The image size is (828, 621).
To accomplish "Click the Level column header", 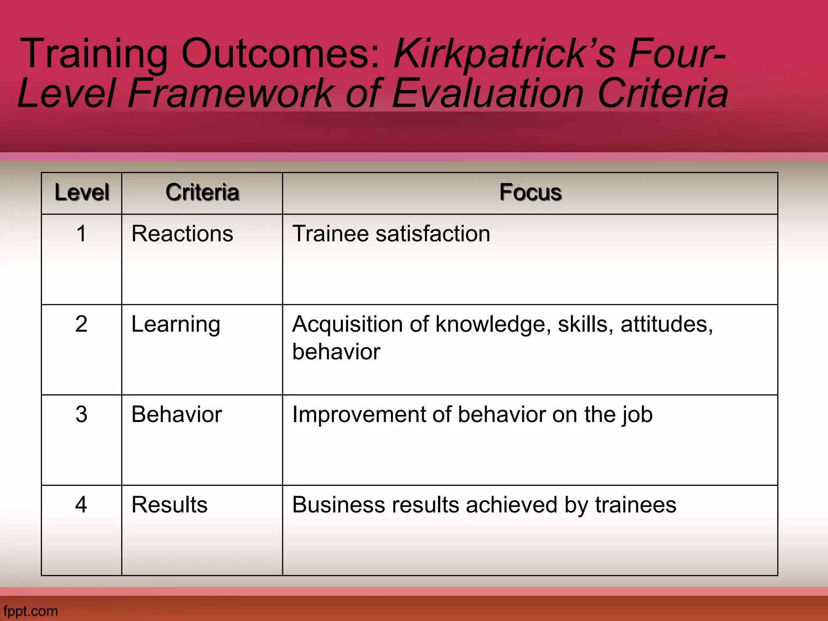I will pos(82,192).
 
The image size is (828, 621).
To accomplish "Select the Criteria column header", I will pos(202,192).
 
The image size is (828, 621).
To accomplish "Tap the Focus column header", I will pos(530,192).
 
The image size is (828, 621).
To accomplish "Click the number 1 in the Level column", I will pos(82,234).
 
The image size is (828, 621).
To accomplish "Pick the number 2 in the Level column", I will pos(82,324).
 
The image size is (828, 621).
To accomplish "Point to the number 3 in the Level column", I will pos(82,414).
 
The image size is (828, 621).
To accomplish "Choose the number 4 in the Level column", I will pos(82,505).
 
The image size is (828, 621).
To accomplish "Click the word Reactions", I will pos(182,234).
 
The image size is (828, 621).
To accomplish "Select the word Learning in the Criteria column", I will pos(176,325).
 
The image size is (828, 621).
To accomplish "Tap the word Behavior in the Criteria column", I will pos(177,414).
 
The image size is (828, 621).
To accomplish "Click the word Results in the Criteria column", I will pos(169,505).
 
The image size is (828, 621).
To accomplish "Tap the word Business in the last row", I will pos(335,505).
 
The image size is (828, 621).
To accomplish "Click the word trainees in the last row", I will pos(635,505).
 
